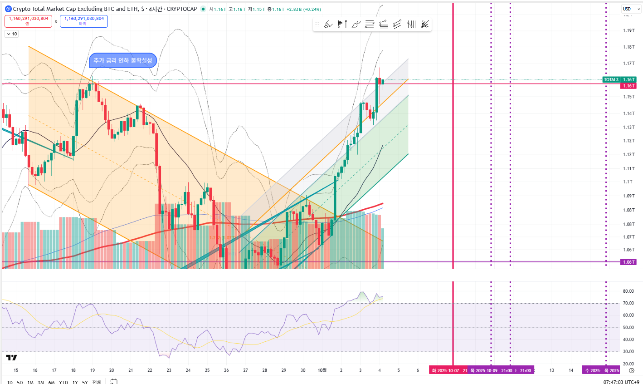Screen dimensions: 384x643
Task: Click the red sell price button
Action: point(28,21)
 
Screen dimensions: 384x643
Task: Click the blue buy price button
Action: point(84,21)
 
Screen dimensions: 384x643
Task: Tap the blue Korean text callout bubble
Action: point(123,60)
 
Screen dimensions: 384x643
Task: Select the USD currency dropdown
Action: point(628,9)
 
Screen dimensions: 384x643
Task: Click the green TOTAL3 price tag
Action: point(611,80)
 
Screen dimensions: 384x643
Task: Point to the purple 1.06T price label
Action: point(628,262)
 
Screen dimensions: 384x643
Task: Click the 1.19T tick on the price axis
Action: point(628,31)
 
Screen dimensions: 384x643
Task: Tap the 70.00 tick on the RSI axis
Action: point(628,303)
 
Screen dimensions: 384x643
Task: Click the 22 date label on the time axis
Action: point(150,370)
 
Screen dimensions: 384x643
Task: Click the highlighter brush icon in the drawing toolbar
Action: point(328,25)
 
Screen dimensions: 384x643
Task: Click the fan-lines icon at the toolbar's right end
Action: point(425,25)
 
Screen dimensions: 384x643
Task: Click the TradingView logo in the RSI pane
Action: point(11,358)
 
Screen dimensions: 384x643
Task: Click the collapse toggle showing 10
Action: point(12,34)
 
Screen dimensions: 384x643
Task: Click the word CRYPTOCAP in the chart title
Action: point(182,9)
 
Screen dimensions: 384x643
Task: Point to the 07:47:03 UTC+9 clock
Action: point(621,382)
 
